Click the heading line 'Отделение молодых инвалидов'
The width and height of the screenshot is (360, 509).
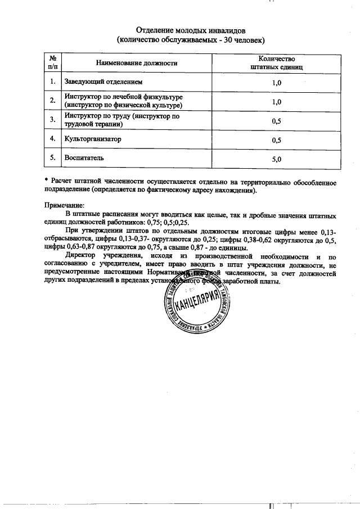tap(190, 30)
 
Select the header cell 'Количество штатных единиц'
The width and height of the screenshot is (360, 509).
tap(276, 62)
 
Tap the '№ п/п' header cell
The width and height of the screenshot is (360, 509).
tap(52, 62)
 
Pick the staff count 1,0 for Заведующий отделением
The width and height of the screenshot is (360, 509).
tap(276, 83)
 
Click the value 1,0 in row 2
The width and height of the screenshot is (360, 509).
tap(276, 102)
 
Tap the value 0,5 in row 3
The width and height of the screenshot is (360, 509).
tap(276, 120)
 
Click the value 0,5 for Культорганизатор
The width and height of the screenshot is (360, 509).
tap(276, 139)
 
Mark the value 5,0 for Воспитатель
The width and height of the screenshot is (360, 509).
tap(276, 159)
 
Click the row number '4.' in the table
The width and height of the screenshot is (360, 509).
tap(52, 138)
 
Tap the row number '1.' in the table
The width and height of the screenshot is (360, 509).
tap(52, 82)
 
